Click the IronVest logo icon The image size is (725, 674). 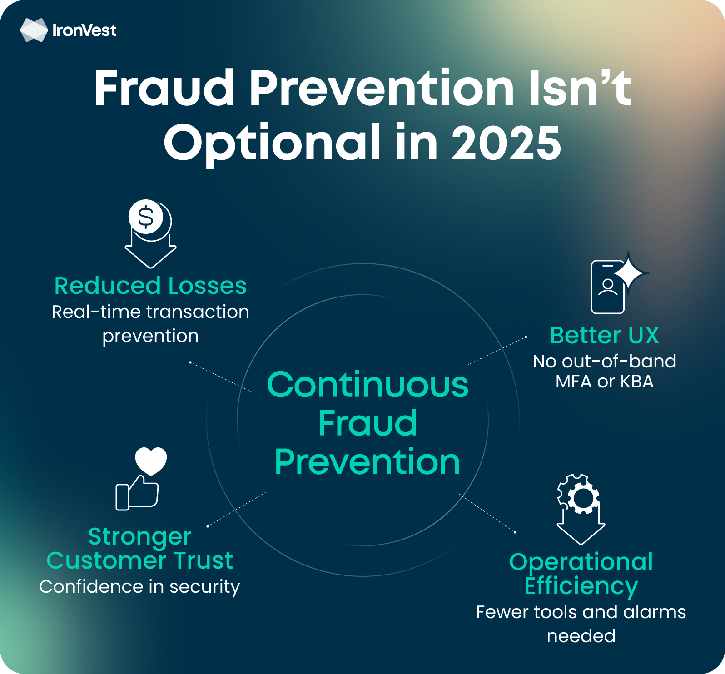pos(34,30)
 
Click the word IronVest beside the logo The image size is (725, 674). pos(84,30)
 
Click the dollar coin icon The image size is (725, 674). pos(146,217)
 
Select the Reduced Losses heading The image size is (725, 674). pos(150,286)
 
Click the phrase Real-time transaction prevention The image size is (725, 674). pos(150,324)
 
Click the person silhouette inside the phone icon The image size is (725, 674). pos(608,287)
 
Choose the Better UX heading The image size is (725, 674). pos(604,335)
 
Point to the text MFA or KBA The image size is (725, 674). pos(604,382)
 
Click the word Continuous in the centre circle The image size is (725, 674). pos(367,385)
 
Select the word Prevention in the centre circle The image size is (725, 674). pos(367,462)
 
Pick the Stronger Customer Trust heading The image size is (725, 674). pos(140,548)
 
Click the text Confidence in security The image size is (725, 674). pos(139,587)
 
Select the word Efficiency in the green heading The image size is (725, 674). pos(581,586)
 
